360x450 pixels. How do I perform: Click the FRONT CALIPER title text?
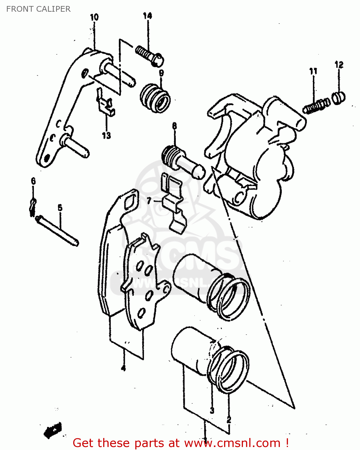(38, 9)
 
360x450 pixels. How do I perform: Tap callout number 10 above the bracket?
(94, 17)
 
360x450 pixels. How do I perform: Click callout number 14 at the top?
(147, 16)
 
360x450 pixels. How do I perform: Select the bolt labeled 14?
(149, 55)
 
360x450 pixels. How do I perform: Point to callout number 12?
(339, 64)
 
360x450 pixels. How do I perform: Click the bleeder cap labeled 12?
(339, 97)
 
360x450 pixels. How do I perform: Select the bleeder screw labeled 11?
(316, 106)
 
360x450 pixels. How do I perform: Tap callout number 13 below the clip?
(106, 135)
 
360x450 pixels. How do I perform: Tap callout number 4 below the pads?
(123, 368)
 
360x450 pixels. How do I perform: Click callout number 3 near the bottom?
(212, 410)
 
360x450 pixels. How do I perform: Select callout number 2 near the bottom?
(229, 419)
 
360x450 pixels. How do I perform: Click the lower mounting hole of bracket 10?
(46, 157)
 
